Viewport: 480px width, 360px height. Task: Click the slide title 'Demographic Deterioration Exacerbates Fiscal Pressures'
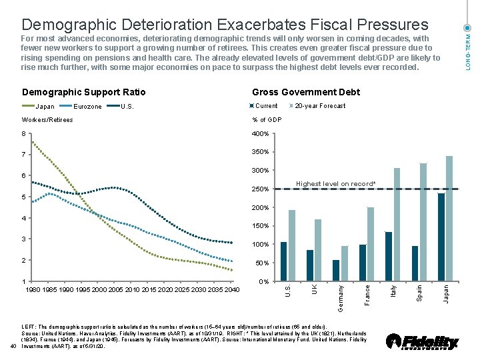pos(225,25)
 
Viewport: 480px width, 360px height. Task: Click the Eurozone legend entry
pos(79,106)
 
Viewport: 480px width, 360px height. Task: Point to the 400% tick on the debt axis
pos(260,134)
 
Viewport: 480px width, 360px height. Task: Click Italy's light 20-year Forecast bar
pos(397,225)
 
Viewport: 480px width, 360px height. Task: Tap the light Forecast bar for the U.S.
pos(291,245)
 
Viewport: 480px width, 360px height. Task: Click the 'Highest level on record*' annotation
pos(335,184)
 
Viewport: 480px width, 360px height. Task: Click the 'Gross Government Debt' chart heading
pos(305,92)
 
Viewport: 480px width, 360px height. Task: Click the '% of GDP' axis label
pos(267,120)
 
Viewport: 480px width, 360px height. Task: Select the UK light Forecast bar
pos(318,250)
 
